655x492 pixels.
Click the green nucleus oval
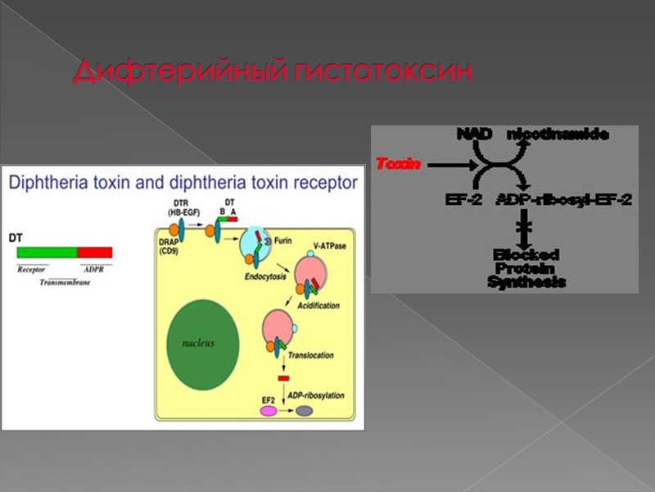[198, 344]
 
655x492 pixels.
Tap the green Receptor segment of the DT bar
[47, 253]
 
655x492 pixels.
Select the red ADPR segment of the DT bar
[94, 253]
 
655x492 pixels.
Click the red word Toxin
[398, 164]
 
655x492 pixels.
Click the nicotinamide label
[558, 134]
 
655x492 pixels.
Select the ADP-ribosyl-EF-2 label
[564, 199]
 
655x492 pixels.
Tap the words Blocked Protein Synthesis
[526, 268]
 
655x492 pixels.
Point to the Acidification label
[319, 305]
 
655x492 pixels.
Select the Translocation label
[311, 355]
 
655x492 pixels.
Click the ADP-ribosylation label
[316, 396]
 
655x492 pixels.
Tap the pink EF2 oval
[269, 411]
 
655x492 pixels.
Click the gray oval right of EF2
[305, 411]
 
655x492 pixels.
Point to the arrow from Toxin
[449, 165]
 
